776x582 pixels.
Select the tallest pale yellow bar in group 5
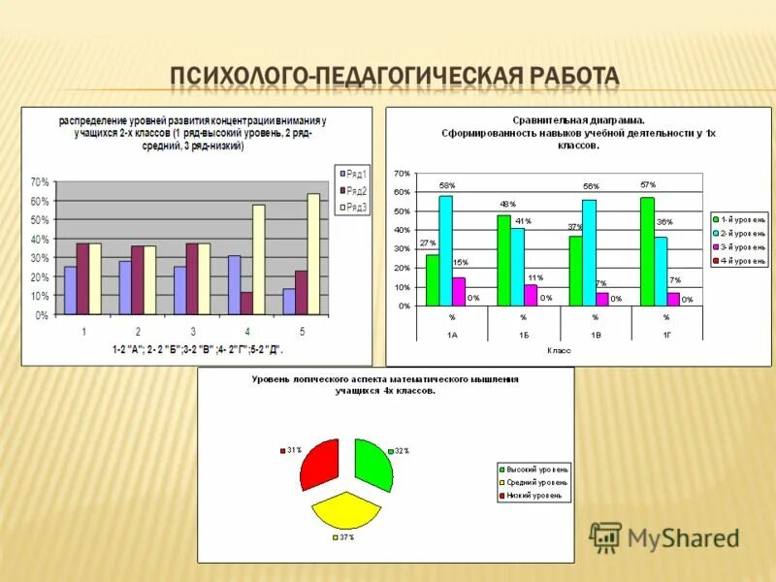click(313, 254)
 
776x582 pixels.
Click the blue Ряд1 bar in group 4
click(234, 285)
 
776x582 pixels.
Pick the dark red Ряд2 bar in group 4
click(246, 304)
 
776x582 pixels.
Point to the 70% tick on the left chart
click(39, 181)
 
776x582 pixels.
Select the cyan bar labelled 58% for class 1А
click(445, 250)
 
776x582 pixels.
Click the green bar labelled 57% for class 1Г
click(647, 251)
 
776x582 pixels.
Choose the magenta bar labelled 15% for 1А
click(459, 291)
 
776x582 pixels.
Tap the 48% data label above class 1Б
click(505, 205)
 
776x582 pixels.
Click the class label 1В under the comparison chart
click(595, 334)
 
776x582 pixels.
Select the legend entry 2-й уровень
click(739, 233)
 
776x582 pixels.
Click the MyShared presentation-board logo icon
click(605, 536)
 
